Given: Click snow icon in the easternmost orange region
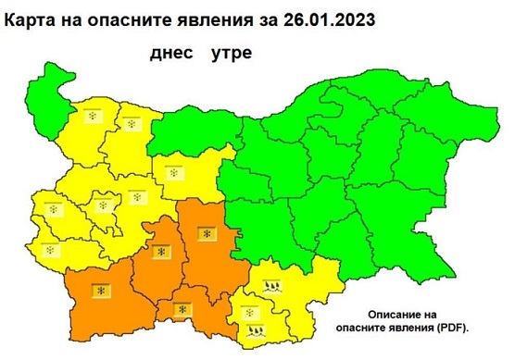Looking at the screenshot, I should [206, 234].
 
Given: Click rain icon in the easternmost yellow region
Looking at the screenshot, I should [270, 286].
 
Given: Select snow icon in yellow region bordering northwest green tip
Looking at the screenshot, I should [92, 116].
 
